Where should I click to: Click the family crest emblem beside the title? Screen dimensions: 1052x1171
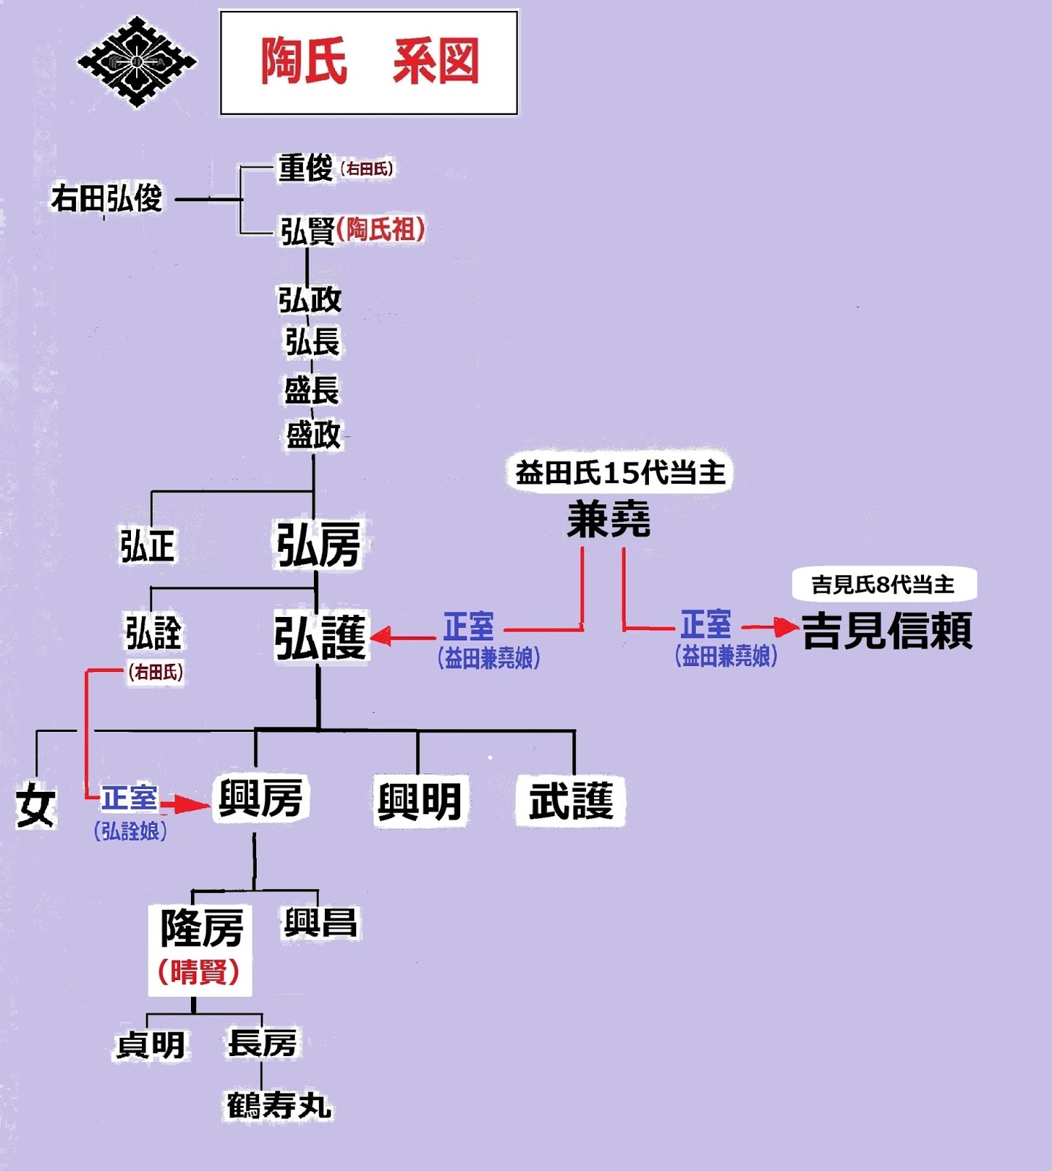click(x=137, y=62)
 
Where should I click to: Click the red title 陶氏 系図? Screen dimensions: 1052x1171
click(x=369, y=62)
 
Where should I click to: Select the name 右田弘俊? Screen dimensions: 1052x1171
click(x=107, y=198)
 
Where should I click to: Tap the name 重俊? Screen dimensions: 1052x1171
click(x=306, y=168)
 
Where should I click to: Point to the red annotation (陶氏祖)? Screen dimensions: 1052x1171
click(x=380, y=230)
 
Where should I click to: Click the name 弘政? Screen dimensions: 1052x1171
click(x=309, y=299)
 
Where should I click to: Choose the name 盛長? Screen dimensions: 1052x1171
click(x=312, y=390)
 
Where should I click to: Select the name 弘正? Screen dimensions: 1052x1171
click(x=148, y=546)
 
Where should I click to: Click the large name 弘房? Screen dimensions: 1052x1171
click(x=318, y=545)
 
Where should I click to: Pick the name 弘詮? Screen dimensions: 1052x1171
click(x=153, y=633)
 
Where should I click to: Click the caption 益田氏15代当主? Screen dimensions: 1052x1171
click(x=620, y=473)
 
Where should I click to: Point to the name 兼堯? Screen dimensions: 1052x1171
click(x=609, y=521)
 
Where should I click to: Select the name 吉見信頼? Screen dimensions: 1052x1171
click(x=887, y=631)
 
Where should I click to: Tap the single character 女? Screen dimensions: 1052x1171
click(x=35, y=805)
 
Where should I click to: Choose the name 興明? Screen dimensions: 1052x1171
click(x=419, y=801)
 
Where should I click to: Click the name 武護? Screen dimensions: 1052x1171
click(x=571, y=801)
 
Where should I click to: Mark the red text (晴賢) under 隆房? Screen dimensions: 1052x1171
click(x=199, y=972)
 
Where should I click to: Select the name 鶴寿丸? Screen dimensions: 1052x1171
click(x=279, y=1105)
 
